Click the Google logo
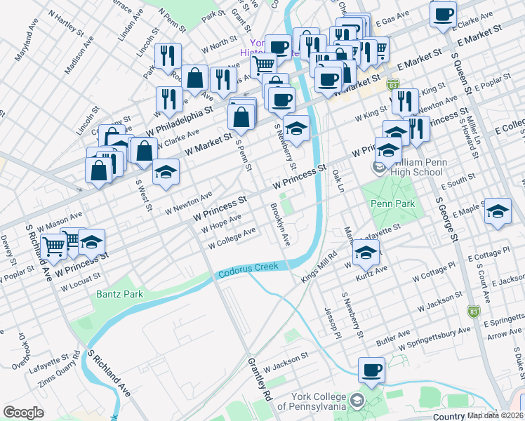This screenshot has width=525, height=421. [x=23, y=413]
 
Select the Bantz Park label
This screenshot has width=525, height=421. [x=119, y=294]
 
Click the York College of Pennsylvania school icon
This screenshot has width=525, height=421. [x=357, y=401]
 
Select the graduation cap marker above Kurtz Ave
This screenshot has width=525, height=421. [x=366, y=252]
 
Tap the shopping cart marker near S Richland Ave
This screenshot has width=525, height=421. [x=55, y=246]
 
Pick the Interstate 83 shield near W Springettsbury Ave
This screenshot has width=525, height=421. [x=474, y=311]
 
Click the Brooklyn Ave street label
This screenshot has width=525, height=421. [x=279, y=225]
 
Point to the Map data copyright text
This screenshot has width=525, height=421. [x=496, y=415]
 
